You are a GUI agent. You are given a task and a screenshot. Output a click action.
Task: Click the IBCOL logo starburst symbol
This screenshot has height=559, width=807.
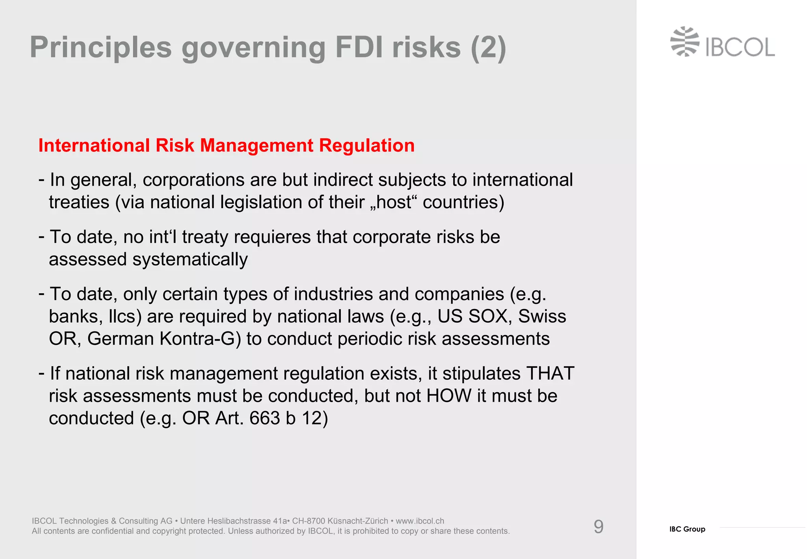685,42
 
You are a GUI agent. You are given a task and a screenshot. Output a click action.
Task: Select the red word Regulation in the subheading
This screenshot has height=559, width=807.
366,145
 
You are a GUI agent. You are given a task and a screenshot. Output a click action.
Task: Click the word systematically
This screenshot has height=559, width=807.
190,260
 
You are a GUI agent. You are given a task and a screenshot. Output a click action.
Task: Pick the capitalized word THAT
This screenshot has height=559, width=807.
550,373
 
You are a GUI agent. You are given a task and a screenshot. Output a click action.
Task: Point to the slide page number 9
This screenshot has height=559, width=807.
598,527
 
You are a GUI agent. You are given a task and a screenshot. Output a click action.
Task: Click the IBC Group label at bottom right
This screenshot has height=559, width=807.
687,529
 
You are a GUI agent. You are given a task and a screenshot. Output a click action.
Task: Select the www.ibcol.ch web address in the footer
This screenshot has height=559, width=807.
420,521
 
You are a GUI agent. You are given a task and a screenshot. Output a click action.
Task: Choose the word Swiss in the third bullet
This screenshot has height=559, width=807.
542,316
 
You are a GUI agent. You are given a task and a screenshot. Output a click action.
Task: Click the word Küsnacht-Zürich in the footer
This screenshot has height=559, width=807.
357,521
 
